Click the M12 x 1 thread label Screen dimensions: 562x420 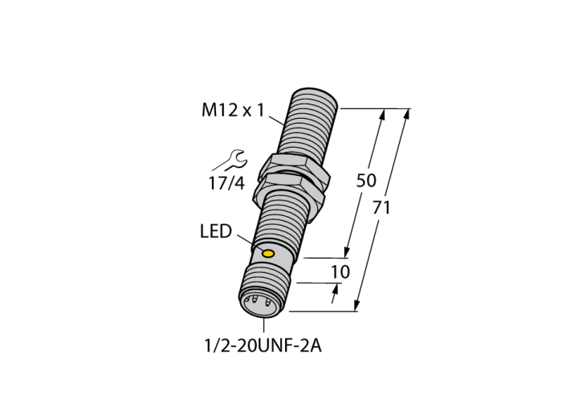[x=233, y=110]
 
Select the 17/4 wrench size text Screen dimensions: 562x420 [x=226, y=183]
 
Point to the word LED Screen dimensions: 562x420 [x=216, y=231]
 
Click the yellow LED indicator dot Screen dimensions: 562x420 [x=268, y=254]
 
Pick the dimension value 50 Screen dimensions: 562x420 [x=366, y=181]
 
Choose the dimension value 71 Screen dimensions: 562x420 [x=381, y=207]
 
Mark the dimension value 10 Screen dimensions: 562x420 [x=340, y=272]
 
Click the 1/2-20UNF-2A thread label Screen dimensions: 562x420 [x=263, y=346]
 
